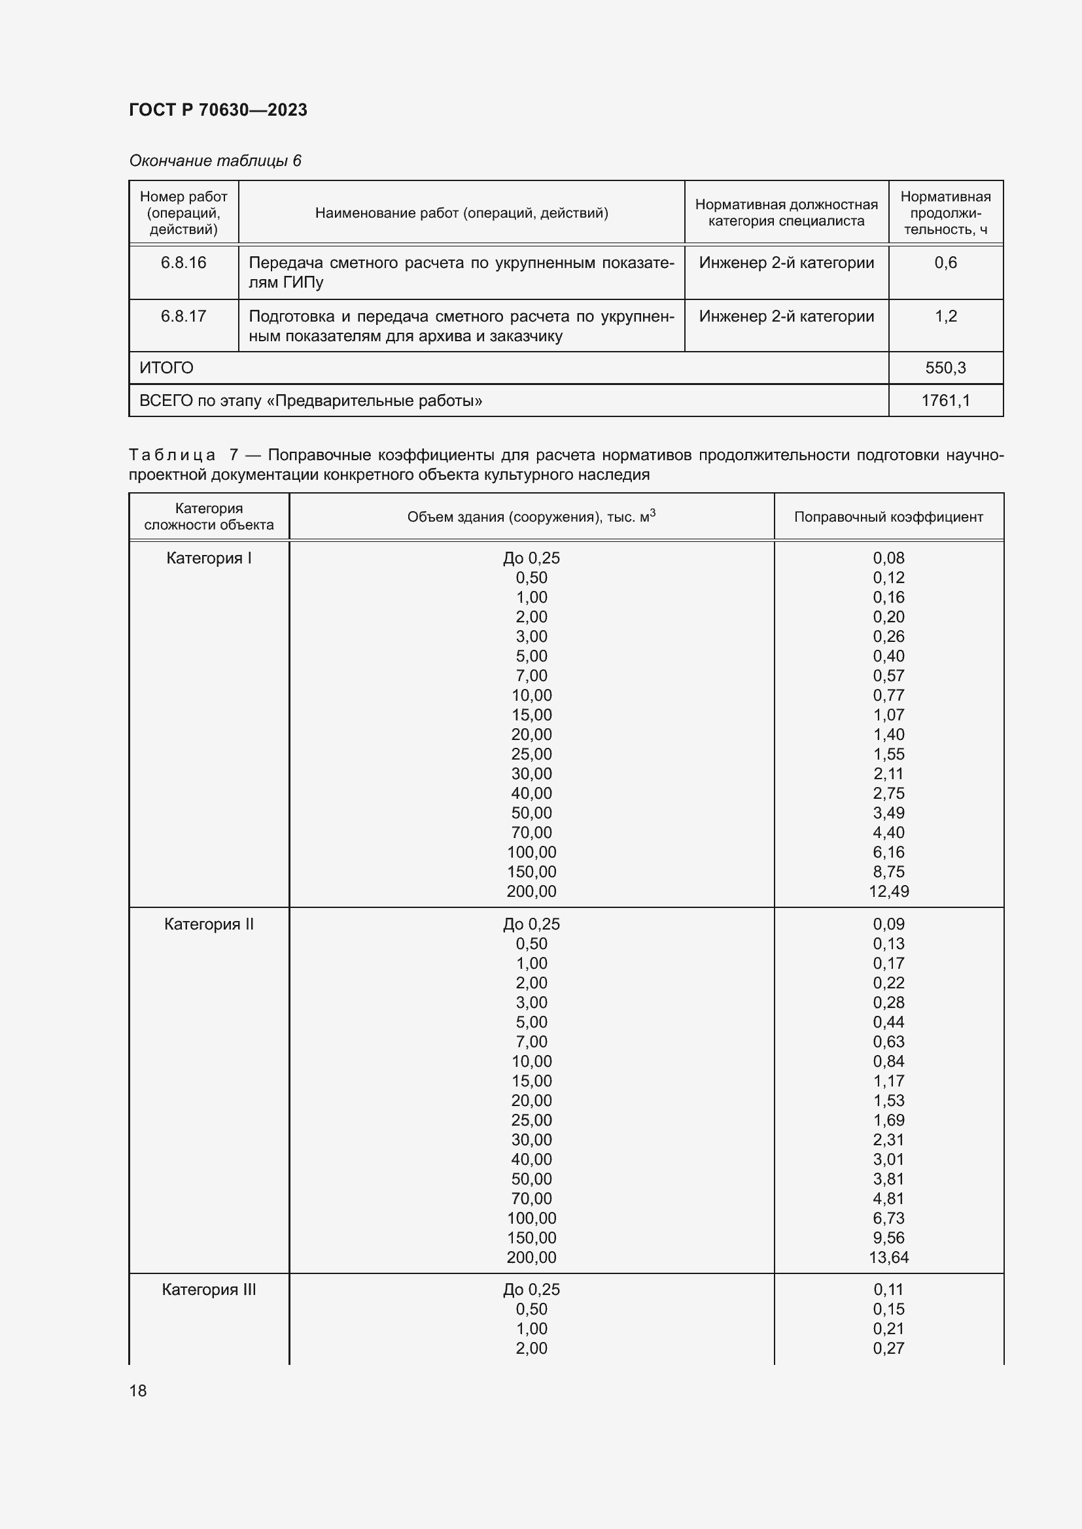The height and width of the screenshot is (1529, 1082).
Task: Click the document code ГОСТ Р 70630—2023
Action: point(218,110)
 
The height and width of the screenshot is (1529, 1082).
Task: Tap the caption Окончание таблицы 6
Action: point(215,161)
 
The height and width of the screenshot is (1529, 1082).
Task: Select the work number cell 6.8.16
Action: point(183,262)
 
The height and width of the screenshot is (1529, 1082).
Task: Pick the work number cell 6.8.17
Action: point(183,316)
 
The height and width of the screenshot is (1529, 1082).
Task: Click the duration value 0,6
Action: point(945,262)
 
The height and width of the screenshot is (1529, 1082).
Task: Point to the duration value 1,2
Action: point(945,316)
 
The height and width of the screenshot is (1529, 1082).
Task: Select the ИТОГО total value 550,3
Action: point(945,367)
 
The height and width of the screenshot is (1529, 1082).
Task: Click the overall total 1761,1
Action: point(945,400)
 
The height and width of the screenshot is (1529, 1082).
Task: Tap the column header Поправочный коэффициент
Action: point(888,517)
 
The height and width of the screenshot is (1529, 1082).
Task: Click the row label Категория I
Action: point(209,558)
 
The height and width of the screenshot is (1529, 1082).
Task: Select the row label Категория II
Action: point(209,924)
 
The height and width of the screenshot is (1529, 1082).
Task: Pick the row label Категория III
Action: point(209,1289)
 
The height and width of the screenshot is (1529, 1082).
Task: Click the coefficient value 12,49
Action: point(888,891)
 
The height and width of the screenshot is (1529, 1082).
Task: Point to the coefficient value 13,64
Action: point(888,1257)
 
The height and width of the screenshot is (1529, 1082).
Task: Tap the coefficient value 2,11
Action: point(888,773)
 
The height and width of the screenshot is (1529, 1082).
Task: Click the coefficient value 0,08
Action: point(888,558)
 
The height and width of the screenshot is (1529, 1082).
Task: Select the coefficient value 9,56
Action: point(888,1237)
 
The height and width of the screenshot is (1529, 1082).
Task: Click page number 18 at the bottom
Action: point(138,1390)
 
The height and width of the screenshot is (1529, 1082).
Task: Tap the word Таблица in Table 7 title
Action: point(172,455)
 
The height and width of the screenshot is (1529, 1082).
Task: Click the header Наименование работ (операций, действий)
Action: point(461,213)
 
